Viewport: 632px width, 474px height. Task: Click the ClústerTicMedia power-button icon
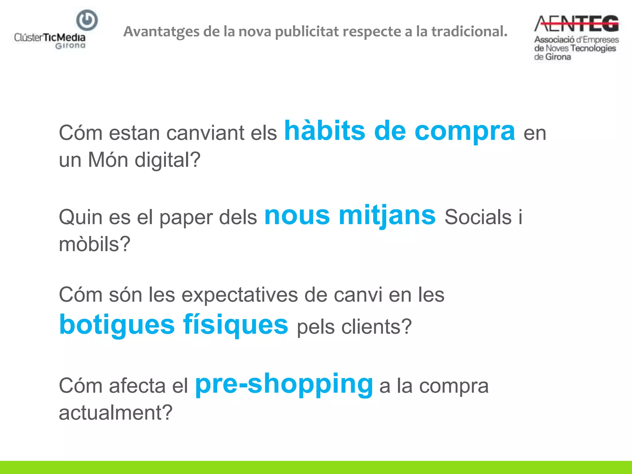(87, 20)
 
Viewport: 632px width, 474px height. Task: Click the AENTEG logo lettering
(576, 24)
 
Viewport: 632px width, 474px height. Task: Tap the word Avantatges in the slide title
(161, 32)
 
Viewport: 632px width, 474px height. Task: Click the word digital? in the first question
(168, 160)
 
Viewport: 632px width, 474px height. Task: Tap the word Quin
(81, 217)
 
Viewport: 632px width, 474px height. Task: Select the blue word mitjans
(387, 216)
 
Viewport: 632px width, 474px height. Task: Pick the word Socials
(478, 217)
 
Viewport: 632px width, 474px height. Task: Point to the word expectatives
(239, 295)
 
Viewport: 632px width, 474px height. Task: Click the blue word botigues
(117, 325)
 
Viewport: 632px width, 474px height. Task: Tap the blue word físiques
(235, 325)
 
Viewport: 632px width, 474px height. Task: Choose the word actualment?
(115, 413)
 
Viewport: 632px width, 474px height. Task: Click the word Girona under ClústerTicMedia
(70, 46)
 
